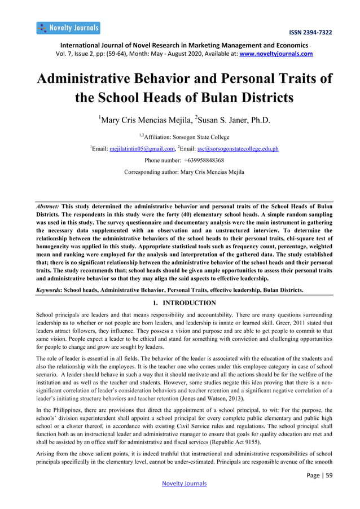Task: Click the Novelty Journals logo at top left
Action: pyautogui.click(x=68, y=28)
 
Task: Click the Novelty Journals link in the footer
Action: pyautogui.click(x=184, y=484)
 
